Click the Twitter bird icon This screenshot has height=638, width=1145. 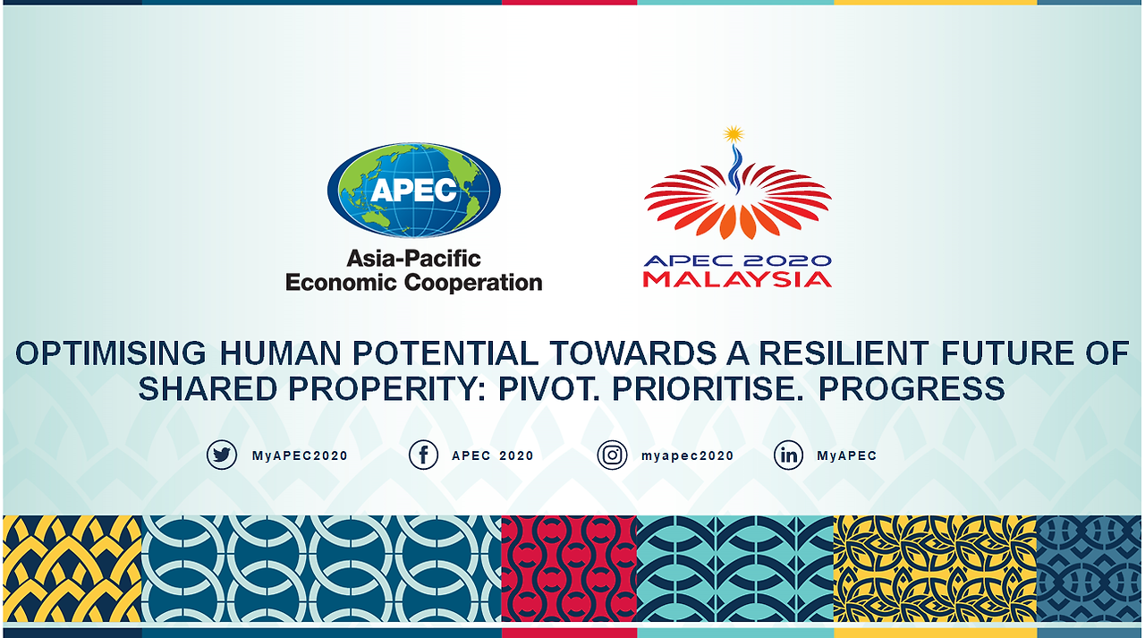click(x=221, y=455)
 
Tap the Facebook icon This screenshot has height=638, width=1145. click(x=423, y=455)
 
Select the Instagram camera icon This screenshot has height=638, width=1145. click(x=612, y=455)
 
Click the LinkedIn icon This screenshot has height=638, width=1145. click(x=788, y=455)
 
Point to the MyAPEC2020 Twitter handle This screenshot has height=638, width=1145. click(x=300, y=455)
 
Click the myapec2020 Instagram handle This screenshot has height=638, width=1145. click(x=688, y=455)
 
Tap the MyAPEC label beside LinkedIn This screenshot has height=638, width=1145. click(x=846, y=455)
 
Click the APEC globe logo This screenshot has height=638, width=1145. click(x=413, y=191)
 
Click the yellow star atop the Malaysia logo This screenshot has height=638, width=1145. click(x=734, y=134)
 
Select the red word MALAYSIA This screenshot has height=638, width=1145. click(x=737, y=280)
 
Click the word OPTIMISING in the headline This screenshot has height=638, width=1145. click(x=111, y=353)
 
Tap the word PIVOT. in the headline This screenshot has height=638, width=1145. click(x=549, y=389)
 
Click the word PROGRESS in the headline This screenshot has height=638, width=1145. click(x=912, y=389)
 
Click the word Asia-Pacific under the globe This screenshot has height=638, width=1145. click(x=413, y=259)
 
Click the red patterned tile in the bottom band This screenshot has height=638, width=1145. click(x=569, y=568)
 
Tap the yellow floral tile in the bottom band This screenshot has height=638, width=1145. click(x=935, y=568)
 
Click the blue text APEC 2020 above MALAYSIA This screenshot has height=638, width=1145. click(x=737, y=260)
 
